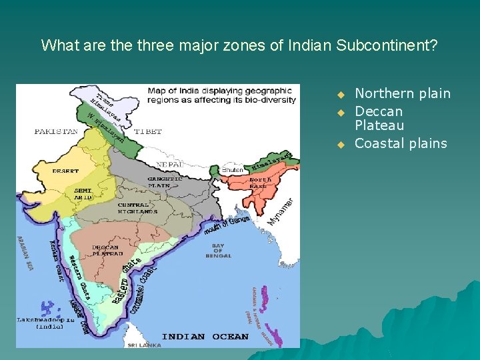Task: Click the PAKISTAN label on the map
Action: coord(56,132)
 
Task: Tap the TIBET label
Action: coord(147,132)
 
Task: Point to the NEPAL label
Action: coord(170,164)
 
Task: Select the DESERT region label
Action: coord(65,171)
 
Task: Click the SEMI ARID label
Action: coord(83,194)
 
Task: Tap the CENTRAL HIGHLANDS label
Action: coord(137,208)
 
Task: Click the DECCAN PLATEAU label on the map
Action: coord(107,251)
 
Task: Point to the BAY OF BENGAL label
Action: coord(218,251)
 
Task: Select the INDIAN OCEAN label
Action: coord(205,337)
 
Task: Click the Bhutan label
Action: coord(233,170)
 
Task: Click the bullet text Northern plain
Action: coord(403,93)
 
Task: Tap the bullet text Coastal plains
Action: coord(401,143)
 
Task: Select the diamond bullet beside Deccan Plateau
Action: coord(339,111)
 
